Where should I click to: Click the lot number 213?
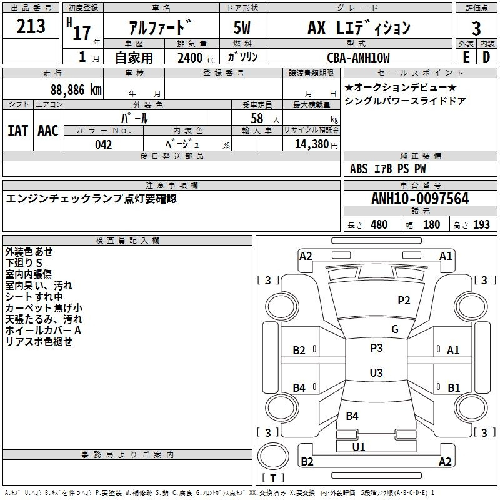click(31, 26)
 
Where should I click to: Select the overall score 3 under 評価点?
click(476, 29)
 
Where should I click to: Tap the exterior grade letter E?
click(466, 57)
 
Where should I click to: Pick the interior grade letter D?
click(486, 57)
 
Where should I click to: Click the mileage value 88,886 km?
click(76, 90)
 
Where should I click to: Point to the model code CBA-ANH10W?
click(358, 57)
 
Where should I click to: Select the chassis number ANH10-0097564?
click(420, 199)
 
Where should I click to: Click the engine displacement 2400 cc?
click(196, 57)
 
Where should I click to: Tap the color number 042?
click(103, 144)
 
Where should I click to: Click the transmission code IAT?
click(17, 131)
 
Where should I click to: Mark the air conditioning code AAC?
click(48, 131)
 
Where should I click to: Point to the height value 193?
click(481, 224)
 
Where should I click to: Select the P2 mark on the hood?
click(404, 301)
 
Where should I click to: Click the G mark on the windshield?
click(395, 329)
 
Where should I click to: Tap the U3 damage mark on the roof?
click(376, 372)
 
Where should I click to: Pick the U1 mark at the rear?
click(358, 447)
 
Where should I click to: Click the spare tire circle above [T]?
click(273, 456)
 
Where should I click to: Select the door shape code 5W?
click(242, 27)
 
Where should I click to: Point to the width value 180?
click(431, 224)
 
